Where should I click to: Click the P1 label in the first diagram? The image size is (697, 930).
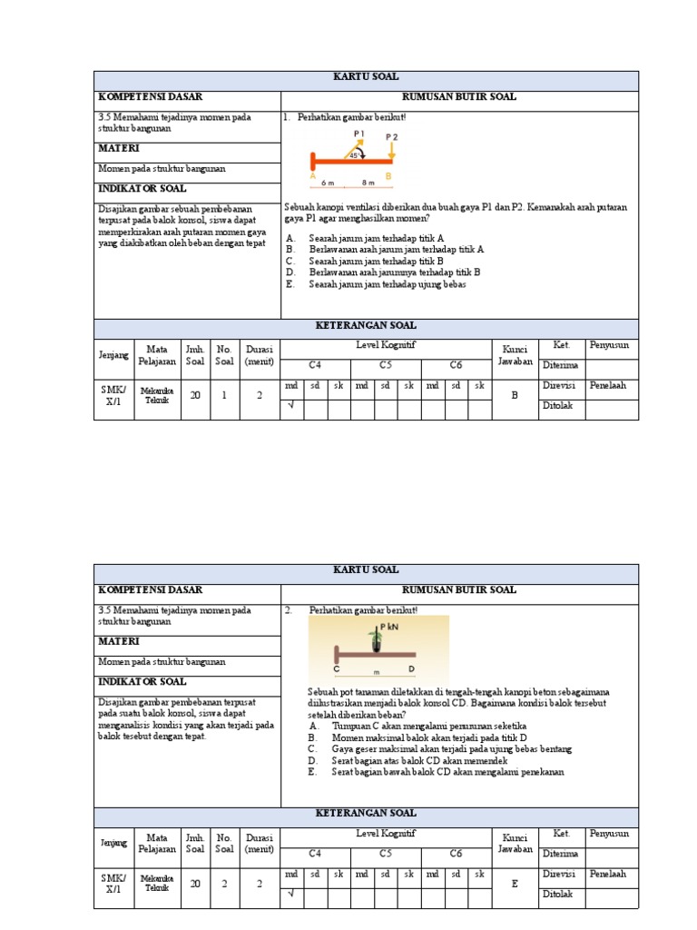(358, 133)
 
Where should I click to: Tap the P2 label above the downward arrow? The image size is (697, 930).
(391, 137)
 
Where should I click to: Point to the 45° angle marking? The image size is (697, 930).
(354, 155)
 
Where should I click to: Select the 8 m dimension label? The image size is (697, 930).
(368, 182)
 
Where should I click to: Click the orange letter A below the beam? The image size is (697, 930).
(312, 176)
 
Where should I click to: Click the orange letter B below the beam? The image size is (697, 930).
(388, 176)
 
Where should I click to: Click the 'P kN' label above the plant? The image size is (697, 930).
(390, 627)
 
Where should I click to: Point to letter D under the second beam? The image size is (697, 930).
(411, 668)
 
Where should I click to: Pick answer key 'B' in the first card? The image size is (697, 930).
(514, 396)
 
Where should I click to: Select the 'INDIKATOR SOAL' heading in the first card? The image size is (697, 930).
(142, 189)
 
